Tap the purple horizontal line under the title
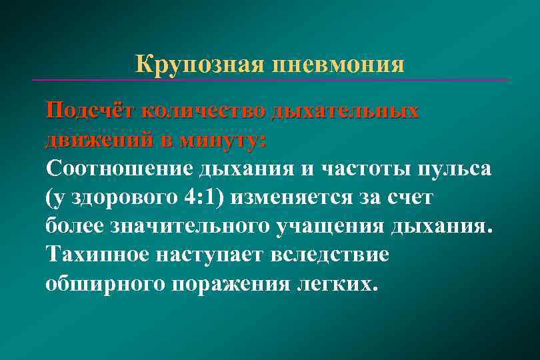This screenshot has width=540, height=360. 269,80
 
